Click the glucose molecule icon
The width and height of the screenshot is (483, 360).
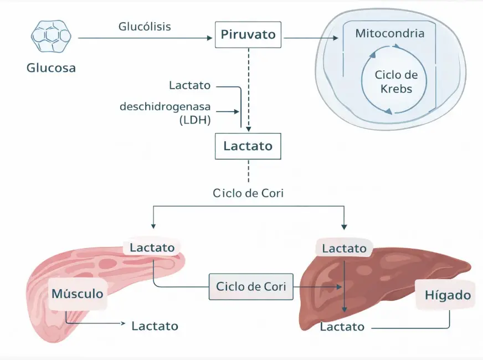(51, 37)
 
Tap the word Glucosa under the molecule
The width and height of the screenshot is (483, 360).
(51, 69)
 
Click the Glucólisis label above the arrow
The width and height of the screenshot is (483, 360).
(145, 27)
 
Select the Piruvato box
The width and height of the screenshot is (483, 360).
(248, 35)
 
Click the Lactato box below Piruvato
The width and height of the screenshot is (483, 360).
(248, 146)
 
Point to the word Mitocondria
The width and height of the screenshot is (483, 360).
(390, 33)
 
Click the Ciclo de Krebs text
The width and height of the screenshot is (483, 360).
(396, 81)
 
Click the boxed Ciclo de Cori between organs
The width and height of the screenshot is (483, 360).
(251, 287)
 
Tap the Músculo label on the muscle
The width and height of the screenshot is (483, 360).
(77, 293)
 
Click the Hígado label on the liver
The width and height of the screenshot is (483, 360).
(448, 295)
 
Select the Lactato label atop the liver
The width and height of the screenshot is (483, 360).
(345, 249)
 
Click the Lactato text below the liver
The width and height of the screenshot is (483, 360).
(342, 327)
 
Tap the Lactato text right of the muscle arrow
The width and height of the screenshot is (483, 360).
(155, 326)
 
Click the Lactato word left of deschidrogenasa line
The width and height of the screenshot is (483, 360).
(190, 85)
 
